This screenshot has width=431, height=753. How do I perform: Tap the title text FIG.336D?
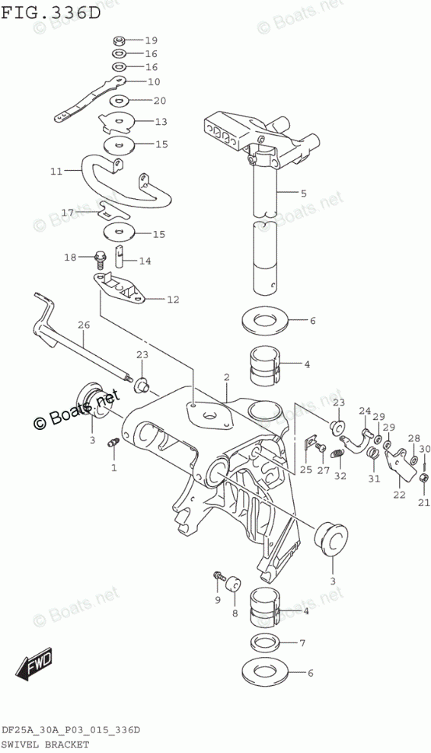51,12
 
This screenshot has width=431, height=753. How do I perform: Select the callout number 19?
152,40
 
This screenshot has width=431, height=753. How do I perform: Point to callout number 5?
303,194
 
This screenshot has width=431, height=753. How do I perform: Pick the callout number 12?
173,300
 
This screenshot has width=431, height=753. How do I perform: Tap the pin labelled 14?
119,257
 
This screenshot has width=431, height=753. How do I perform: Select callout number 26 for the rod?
84,325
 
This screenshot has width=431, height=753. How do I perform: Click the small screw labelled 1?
113,443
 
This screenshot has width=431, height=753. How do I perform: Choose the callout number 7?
302,643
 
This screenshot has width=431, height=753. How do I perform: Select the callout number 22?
399,495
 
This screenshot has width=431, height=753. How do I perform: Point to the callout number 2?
226,378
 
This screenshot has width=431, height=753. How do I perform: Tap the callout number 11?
56,171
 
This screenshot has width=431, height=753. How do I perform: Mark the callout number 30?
424,449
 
